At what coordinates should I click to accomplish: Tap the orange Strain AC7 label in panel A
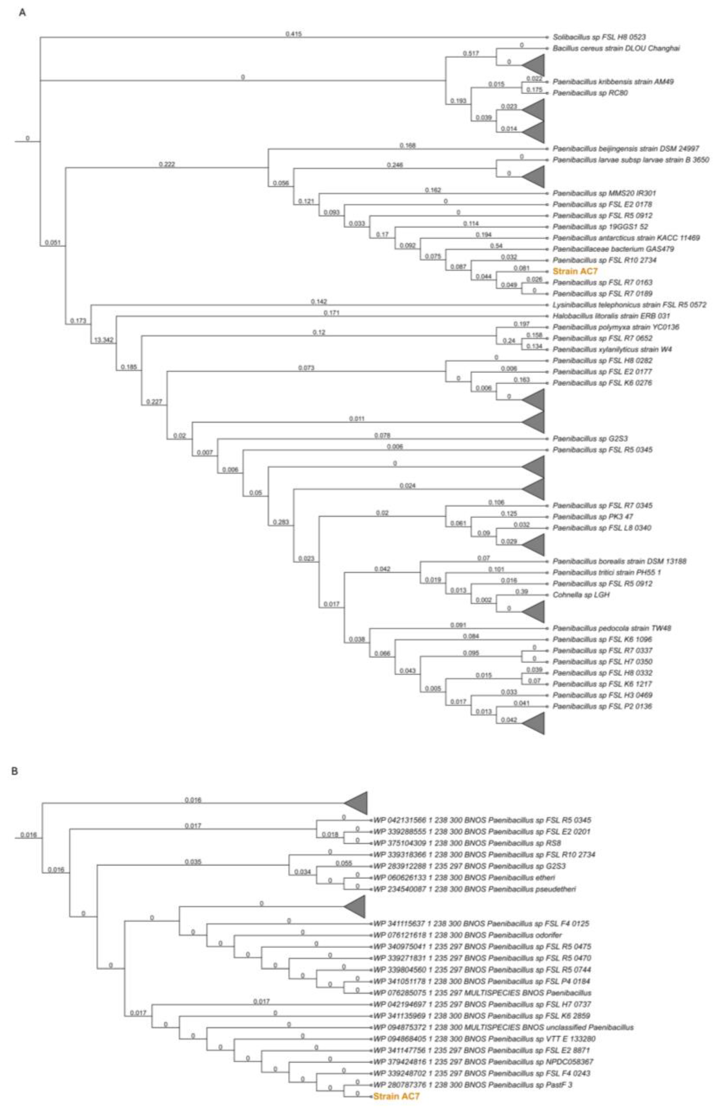click(x=575, y=271)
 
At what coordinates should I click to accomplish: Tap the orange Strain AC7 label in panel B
click(x=396, y=1096)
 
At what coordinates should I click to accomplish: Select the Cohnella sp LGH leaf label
click(x=581, y=594)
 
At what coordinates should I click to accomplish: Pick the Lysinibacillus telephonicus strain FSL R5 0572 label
click(x=629, y=305)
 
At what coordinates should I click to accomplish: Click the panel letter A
click(x=22, y=13)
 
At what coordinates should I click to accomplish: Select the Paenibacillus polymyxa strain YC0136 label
click(x=615, y=327)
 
